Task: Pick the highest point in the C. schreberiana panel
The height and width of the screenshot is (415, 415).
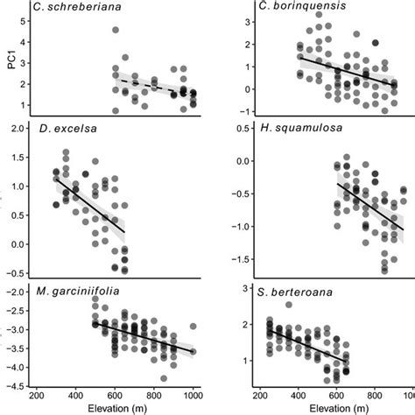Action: [116, 31]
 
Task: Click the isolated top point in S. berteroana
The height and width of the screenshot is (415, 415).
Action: [289, 306]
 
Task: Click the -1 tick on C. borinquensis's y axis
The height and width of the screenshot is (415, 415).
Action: [229, 110]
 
